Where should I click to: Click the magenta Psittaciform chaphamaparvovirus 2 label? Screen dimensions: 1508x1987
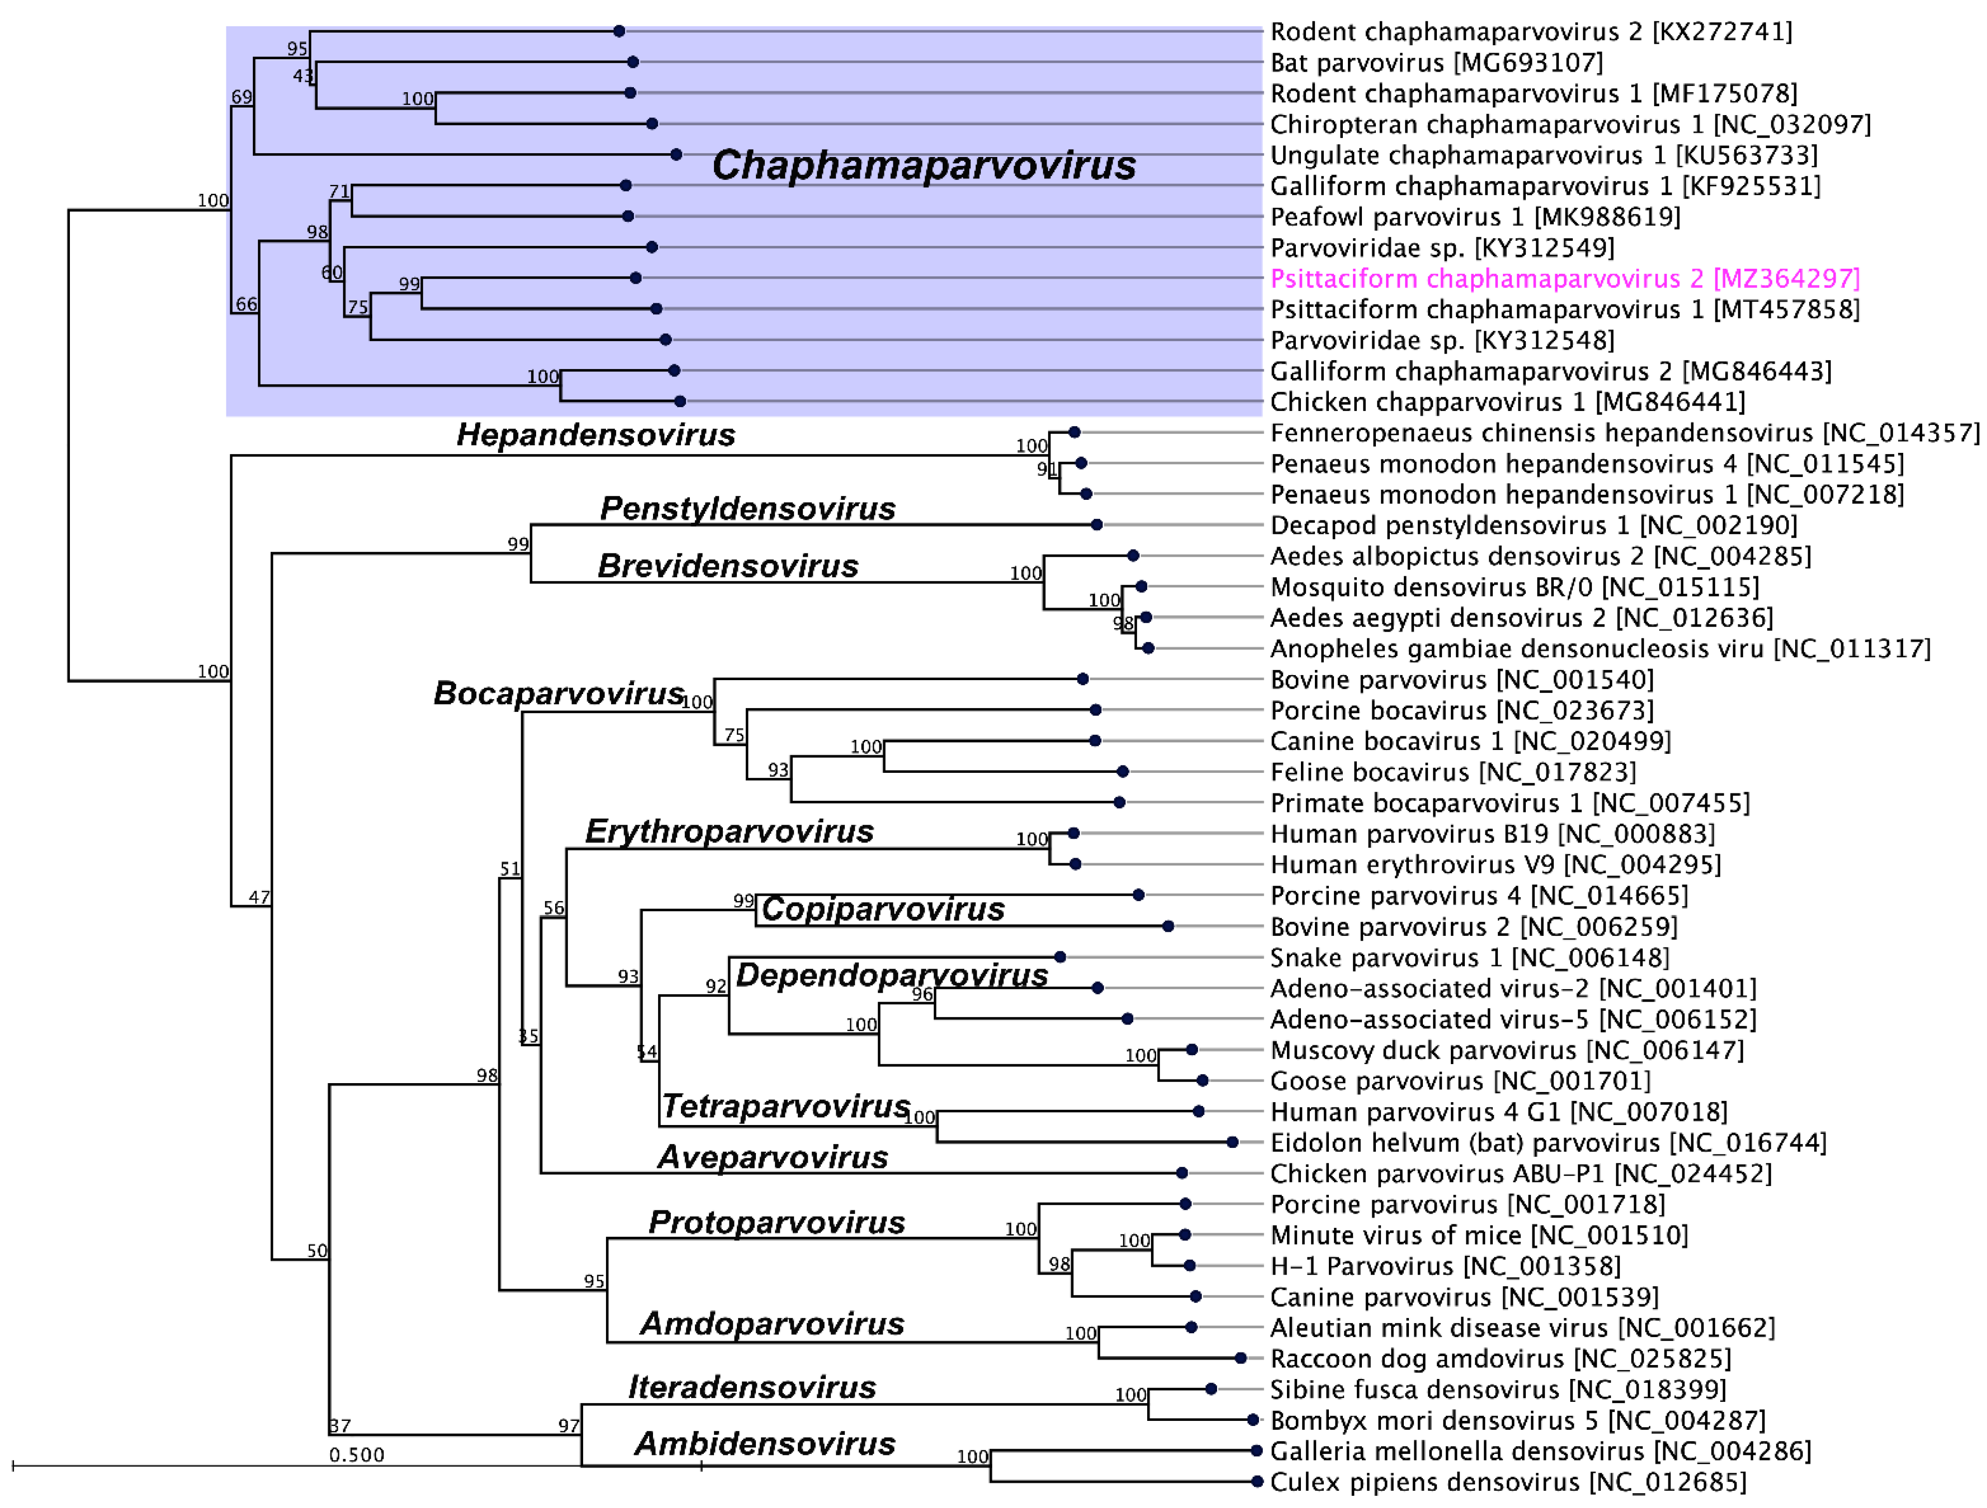click(1564, 279)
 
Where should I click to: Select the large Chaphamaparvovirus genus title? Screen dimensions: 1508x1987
click(924, 165)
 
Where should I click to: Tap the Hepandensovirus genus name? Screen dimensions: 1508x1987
click(596, 435)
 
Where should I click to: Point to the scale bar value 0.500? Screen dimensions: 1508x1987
click(357, 1455)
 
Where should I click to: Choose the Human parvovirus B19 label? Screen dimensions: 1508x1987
click(1491, 834)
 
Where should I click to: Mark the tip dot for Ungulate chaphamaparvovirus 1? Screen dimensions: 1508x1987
click(676, 155)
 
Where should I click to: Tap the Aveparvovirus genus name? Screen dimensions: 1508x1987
click(773, 1158)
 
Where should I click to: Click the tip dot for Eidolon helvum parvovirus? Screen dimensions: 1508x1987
click(1232, 1142)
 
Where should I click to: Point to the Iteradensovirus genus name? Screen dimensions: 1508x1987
click(752, 1388)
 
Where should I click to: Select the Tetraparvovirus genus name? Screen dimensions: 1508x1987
click(786, 1106)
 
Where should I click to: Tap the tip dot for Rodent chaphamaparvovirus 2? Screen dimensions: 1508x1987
click(619, 32)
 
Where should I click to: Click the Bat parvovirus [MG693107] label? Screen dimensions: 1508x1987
click(1436, 63)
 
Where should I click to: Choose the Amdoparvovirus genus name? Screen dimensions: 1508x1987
click(772, 1324)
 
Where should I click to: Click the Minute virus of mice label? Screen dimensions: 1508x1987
click(1478, 1235)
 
